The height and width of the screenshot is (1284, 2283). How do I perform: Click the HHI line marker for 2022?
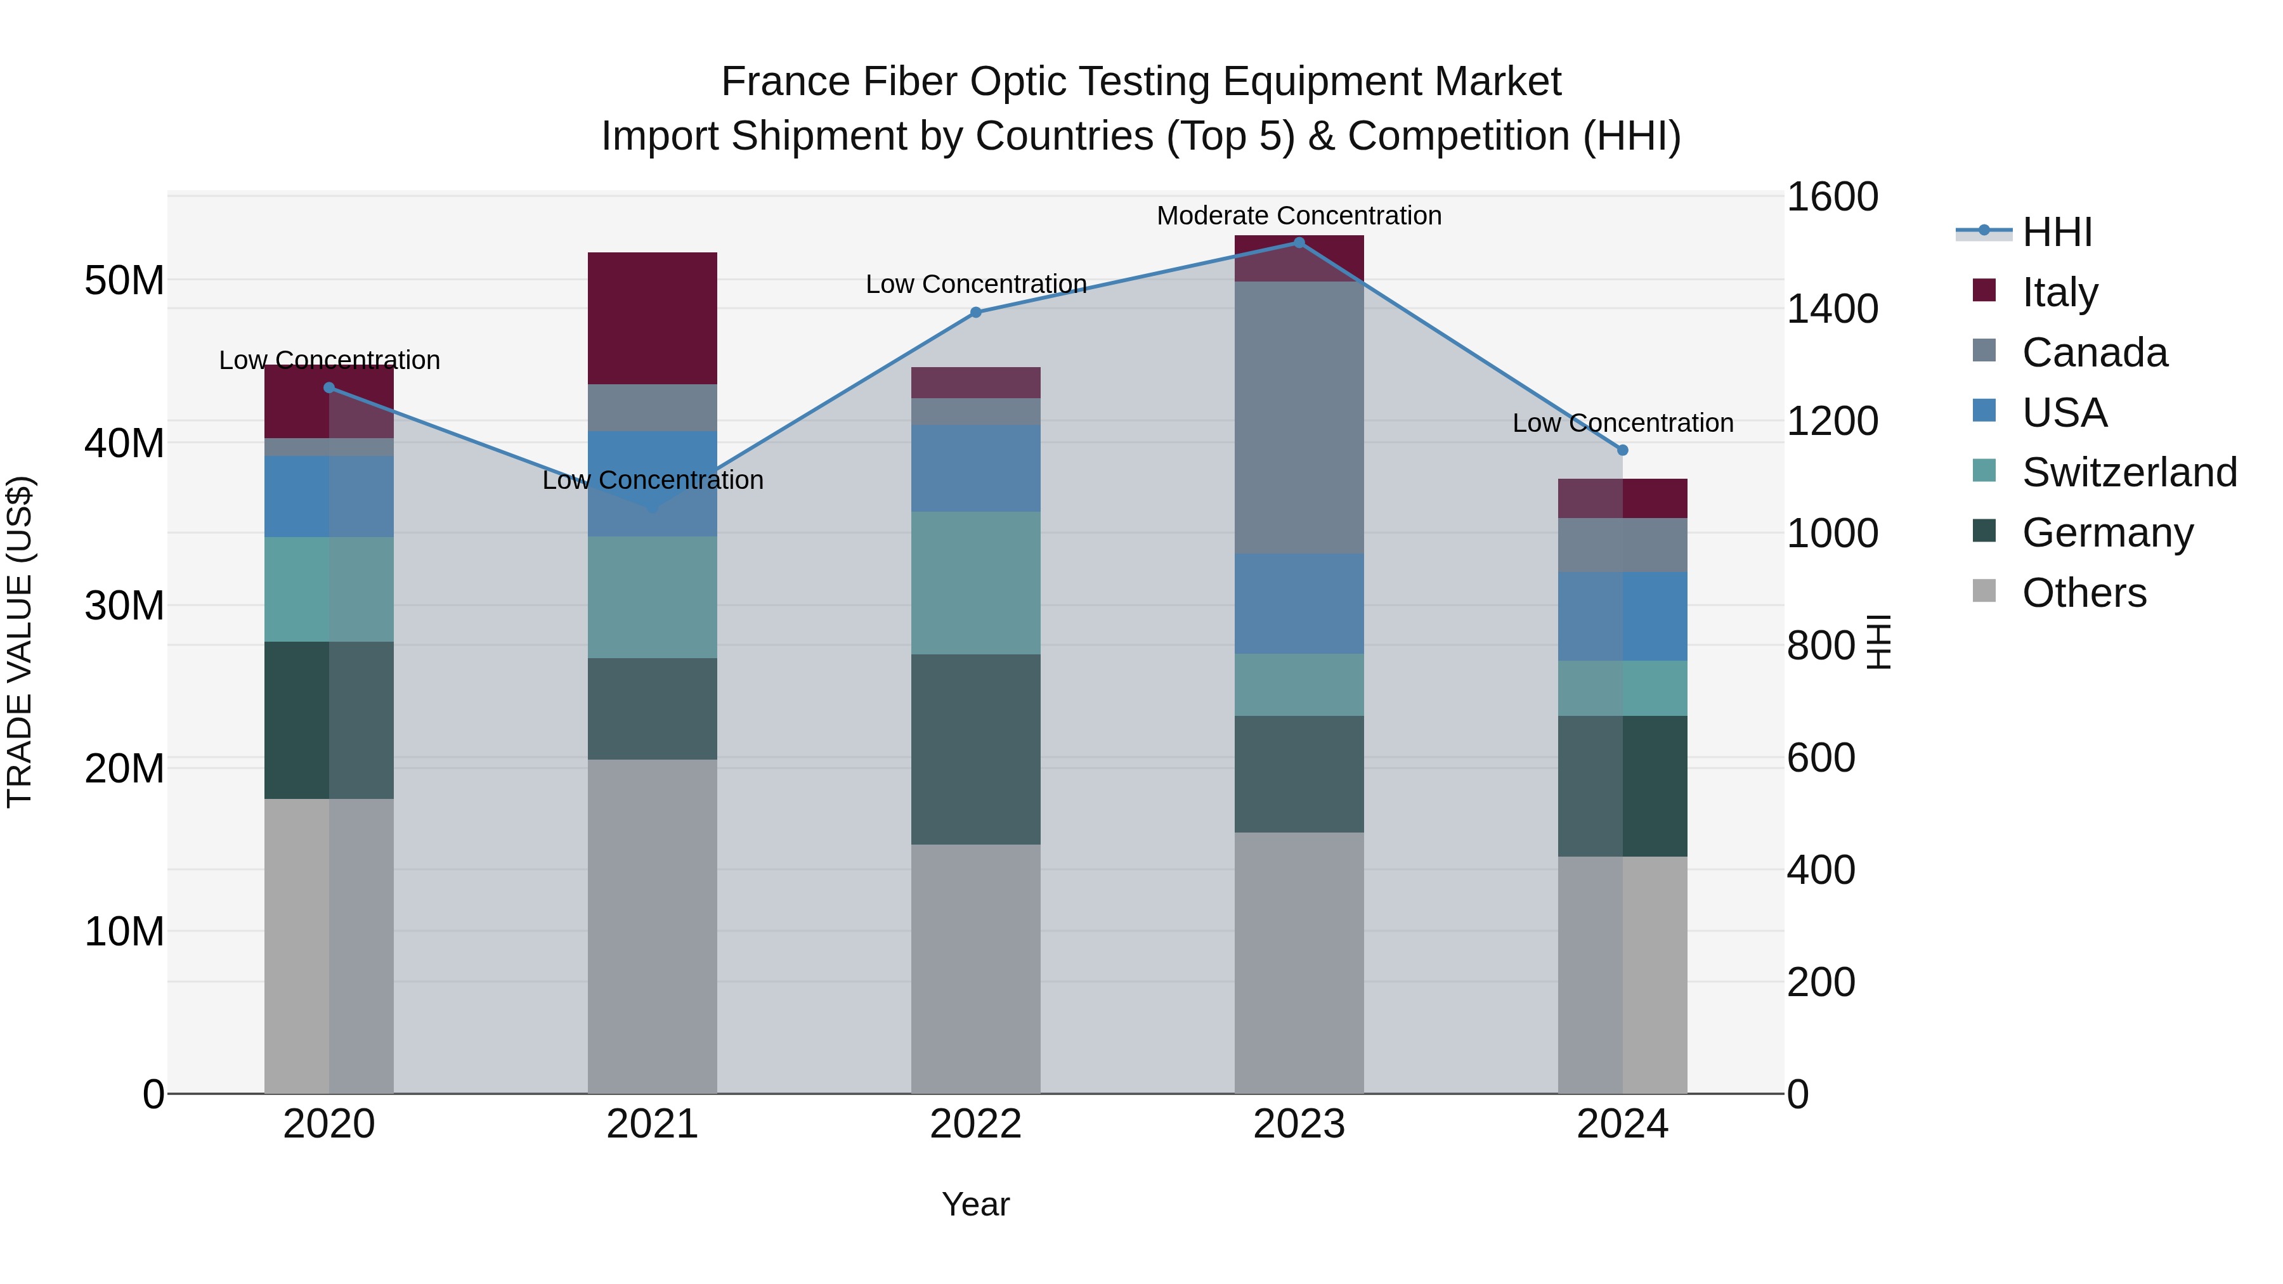coord(976,313)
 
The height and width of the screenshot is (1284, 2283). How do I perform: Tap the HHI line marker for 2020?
coord(328,387)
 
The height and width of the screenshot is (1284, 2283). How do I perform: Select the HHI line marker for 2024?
coord(1623,450)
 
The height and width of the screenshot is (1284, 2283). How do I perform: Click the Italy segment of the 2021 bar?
coord(653,318)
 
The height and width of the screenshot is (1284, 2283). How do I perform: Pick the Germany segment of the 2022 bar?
coord(976,749)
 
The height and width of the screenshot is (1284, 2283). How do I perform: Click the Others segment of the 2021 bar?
coord(653,926)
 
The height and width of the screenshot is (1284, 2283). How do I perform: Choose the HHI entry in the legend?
coord(2056,232)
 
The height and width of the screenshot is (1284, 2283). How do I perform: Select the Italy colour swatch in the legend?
coord(1984,290)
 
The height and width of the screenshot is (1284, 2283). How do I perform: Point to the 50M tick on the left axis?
coord(124,281)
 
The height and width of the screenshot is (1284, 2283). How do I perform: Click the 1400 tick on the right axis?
coord(1831,309)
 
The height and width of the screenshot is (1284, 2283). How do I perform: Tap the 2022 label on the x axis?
coord(976,1124)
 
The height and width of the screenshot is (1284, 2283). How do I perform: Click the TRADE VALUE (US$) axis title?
coord(20,642)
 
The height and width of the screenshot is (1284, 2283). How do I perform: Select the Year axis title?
coord(976,1204)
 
